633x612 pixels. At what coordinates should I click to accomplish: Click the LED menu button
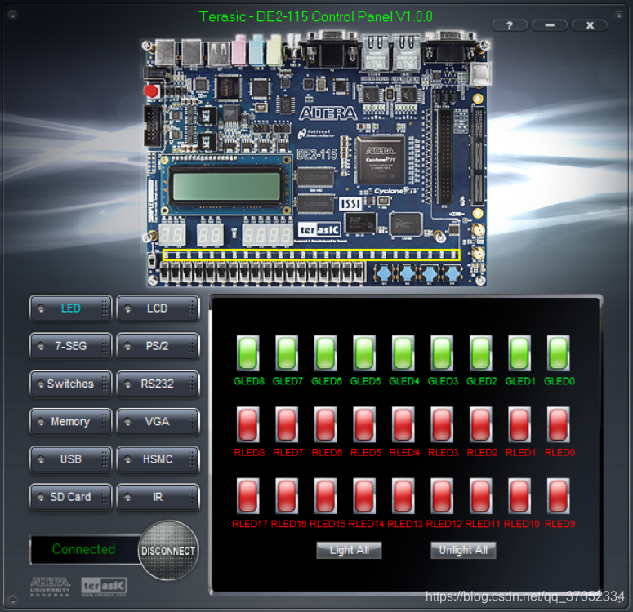70,308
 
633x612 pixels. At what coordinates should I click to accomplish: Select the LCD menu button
158,308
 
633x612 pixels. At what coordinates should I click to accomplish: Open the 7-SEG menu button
70,346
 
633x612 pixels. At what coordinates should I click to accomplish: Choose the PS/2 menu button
158,346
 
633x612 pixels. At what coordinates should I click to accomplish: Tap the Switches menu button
70,384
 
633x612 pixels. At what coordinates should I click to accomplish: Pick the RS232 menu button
158,384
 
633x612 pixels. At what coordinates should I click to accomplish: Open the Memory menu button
70,422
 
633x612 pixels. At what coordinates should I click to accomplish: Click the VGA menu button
158,422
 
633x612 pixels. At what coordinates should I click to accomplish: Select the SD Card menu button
70,497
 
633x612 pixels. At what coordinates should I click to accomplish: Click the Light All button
349,550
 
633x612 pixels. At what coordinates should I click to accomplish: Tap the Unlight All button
463,550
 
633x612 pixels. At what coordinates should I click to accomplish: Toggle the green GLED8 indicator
248,353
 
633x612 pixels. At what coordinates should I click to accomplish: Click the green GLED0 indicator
559,353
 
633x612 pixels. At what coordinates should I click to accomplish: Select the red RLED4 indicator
404,424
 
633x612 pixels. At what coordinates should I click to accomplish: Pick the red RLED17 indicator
248,495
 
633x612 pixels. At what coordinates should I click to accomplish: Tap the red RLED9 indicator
559,495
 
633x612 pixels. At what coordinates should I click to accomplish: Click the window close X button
589,25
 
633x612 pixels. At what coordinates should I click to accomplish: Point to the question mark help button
510,25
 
